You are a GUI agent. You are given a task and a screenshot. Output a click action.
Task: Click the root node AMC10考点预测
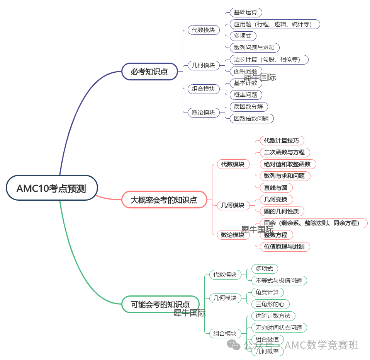51,188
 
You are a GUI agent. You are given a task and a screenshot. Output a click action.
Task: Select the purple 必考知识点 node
149,72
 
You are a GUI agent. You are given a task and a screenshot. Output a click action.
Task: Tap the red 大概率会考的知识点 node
164,200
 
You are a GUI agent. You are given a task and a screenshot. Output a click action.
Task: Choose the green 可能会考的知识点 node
160,304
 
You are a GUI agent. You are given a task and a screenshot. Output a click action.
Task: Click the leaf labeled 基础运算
245,12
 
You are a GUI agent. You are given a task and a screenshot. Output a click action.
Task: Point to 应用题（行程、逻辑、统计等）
275,24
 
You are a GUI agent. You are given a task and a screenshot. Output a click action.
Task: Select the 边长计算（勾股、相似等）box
269,60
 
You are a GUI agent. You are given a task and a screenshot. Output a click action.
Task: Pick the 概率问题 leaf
246,95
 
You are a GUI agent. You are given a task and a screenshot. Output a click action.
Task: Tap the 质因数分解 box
248,107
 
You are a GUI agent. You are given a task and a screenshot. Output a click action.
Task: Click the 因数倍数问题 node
251,118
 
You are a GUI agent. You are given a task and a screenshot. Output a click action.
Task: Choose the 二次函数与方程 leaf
284,152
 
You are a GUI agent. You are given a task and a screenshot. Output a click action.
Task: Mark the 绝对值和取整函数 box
287,164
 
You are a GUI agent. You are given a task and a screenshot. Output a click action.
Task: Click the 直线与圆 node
276,188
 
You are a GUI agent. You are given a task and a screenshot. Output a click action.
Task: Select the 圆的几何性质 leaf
282,211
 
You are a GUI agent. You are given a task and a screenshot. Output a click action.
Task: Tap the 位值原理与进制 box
284,246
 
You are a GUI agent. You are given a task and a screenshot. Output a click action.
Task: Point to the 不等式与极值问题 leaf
279,280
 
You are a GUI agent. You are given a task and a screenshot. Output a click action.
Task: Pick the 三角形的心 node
270,304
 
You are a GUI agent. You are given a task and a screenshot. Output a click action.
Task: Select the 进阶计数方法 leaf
273,316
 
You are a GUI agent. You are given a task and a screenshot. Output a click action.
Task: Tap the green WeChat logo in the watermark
234,344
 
